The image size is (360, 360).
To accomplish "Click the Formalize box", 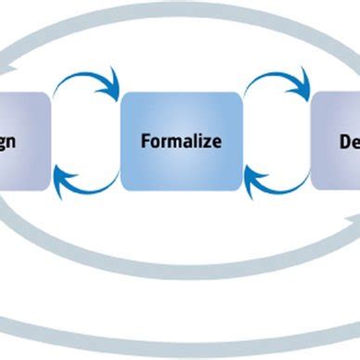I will [x=182, y=140].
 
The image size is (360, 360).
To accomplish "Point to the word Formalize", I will [x=182, y=142].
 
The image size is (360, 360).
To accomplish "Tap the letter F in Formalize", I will [x=145, y=142].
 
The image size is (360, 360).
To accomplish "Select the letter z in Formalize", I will [x=209, y=142].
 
